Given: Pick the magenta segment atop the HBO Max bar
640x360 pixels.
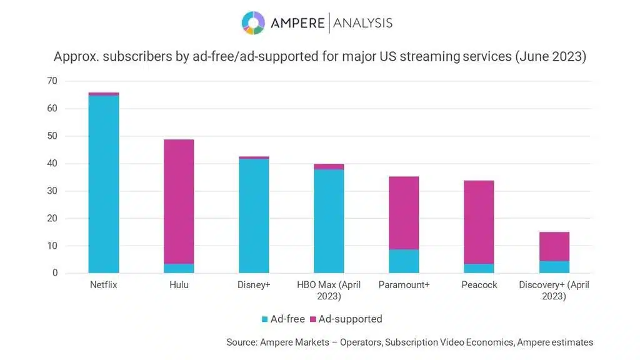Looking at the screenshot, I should click(x=329, y=167).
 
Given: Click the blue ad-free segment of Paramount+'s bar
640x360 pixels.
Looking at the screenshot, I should click(x=404, y=261).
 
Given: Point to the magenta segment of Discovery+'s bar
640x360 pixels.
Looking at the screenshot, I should click(x=554, y=246).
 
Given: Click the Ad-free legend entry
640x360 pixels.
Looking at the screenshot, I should click(x=283, y=319).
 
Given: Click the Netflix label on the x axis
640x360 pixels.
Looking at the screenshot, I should click(x=104, y=285).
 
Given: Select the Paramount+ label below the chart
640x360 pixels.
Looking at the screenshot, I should click(x=404, y=285).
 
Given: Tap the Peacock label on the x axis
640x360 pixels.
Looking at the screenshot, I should click(x=479, y=285).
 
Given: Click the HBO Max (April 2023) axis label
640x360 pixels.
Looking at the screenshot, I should click(x=329, y=290).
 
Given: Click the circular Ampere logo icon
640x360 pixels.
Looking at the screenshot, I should click(x=253, y=22).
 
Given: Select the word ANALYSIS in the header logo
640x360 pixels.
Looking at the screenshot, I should click(x=363, y=23).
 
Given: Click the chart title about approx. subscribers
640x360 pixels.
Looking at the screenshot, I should click(x=320, y=57).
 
